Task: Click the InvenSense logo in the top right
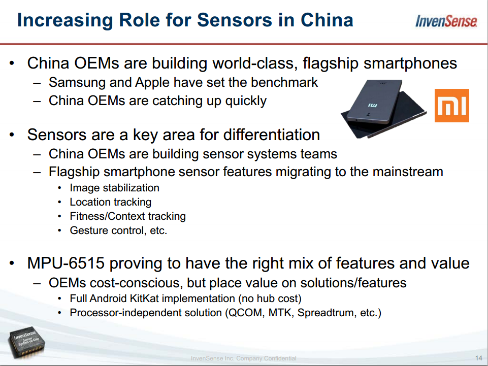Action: pos(446,21)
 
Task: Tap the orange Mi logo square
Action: pos(451,106)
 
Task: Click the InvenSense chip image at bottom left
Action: pos(27,342)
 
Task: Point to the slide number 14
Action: pos(479,358)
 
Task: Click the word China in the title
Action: pos(327,20)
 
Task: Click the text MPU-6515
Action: pos(66,263)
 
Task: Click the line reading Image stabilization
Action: pos(115,188)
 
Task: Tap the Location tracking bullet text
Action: pos(111,203)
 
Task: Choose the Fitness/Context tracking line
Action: pos(127,216)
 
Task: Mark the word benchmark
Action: pos(284,82)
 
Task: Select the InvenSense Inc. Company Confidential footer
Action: pos(243,358)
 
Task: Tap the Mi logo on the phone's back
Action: pos(373,106)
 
